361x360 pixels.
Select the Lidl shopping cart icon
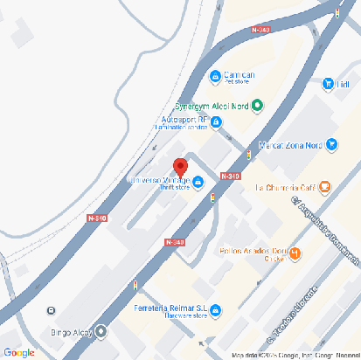328,84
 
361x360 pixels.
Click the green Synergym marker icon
258,107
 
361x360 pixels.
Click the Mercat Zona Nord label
292,145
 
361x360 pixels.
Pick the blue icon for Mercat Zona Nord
331,145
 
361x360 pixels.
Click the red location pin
180,166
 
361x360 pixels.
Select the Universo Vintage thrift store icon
198,182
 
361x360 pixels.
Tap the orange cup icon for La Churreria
324,186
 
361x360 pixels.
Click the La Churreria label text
283,187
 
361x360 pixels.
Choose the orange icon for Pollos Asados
295,253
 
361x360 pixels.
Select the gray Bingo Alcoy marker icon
101,331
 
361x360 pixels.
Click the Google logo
18,352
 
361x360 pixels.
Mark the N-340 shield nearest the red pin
230,176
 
